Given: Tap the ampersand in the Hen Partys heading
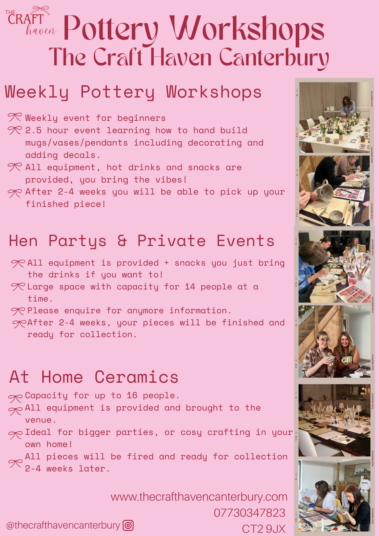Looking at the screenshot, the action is coord(122,240).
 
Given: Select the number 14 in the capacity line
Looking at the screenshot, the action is coord(190,287).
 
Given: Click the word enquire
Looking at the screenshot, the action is coord(82,311).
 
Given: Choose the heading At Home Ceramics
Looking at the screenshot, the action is coord(94,377).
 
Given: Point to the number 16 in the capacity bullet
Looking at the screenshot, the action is coord(132,396).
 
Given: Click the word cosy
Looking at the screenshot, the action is coord(191,433).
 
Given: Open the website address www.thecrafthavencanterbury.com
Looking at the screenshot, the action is coord(199,497).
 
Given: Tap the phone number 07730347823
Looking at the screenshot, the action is coord(250,513).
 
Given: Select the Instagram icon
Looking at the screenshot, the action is coord(128,525).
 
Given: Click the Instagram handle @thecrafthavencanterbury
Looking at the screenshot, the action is coord(63,526).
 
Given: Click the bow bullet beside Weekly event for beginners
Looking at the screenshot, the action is coord(14,117).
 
